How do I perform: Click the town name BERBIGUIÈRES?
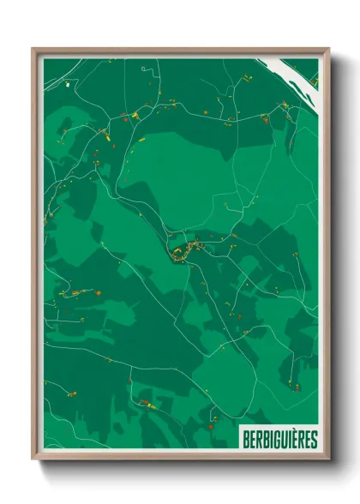tap(279, 439)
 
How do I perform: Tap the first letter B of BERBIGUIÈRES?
tap(245, 439)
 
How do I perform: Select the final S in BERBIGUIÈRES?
tap(313, 439)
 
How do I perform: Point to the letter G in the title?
tap(275, 439)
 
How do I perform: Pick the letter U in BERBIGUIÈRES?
tap(283, 439)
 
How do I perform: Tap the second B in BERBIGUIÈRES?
tap(263, 439)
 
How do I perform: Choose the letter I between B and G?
tap(269, 439)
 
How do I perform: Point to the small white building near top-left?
tap(68, 85)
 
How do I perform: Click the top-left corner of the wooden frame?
tap(33, 49)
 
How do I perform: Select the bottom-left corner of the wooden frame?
tap(33, 459)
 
